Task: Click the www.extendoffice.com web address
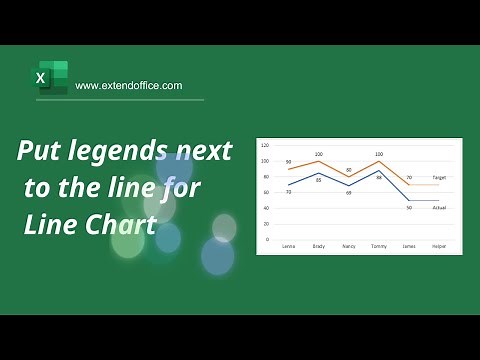click(x=129, y=86)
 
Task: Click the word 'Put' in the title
click(x=40, y=152)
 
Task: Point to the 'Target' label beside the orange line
click(x=439, y=177)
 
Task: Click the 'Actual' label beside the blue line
click(x=439, y=207)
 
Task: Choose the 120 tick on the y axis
click(x=265, y=145)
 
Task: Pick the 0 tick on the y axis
click(x=267, y=240)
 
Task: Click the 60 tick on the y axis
click(x=265, y=192)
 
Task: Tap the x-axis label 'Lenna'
click(x=288, y=246)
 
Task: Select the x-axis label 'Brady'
click(x=318, y=246)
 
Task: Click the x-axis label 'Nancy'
click(x=348, y=246)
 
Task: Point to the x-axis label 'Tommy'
click(x=379, y=246)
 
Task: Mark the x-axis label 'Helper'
click(x=439, y=246)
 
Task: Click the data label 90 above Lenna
click(x=288, y=162)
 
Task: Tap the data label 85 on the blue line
click(x=318, y=180)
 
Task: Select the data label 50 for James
click(x=409, y=207)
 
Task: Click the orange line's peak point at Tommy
click(x=379, y=161)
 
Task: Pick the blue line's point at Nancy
click(x=349, y=186)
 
